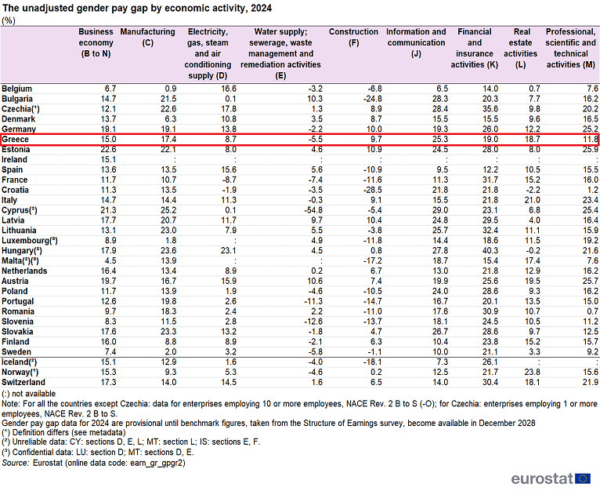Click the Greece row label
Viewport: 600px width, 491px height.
(16, 139)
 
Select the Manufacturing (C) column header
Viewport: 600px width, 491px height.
(148, 37)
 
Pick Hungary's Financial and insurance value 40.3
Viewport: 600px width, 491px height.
(490, 251)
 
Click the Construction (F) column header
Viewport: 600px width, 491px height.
(353, 37)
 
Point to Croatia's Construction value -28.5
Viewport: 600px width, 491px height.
(373, 190)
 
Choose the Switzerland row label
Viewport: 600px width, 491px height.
(23, 383)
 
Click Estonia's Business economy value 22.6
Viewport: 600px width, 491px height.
(108, 150)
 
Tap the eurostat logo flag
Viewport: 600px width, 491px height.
(583, 478)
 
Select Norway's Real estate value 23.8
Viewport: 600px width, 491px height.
(533, 373)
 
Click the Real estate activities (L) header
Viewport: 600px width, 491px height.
(520, 49)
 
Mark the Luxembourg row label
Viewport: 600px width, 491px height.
(30, 241)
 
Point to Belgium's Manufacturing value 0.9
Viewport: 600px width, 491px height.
(171, 89)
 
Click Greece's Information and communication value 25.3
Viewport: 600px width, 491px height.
(440, 139)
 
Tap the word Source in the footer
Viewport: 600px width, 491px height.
(16, 463)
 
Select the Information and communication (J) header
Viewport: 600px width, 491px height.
(416, 42)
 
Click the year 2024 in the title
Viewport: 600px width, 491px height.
(262, 8)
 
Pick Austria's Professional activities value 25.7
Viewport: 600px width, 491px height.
(591, 281)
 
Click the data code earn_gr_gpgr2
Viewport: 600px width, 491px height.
(157, 464)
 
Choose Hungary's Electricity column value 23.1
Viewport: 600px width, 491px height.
(229, 251)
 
